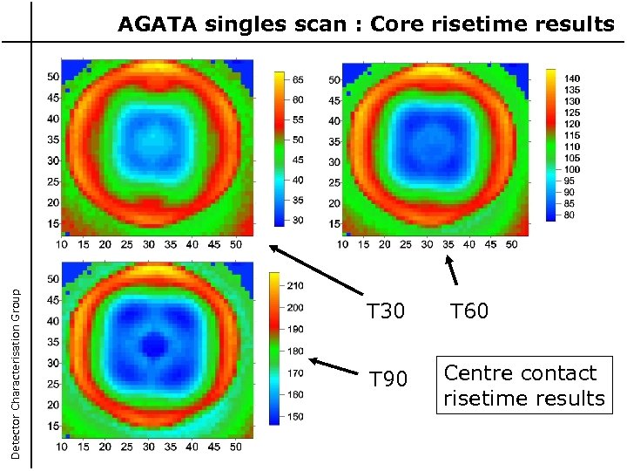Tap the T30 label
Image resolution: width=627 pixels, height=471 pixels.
385,311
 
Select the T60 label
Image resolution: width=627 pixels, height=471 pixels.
469,311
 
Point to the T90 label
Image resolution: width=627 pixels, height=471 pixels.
388,379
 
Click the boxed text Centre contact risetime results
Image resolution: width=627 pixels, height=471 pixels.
523,386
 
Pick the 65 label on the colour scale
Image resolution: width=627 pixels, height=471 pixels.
298,79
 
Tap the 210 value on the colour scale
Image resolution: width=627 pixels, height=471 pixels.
296,285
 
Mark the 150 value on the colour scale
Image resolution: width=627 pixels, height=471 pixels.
296,418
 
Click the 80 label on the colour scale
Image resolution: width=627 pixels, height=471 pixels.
570,215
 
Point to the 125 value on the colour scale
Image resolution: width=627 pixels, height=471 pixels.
572,113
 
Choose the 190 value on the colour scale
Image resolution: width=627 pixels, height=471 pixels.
296,329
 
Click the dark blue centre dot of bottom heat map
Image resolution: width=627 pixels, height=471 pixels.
155,346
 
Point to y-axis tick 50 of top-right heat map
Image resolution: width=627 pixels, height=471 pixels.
334,80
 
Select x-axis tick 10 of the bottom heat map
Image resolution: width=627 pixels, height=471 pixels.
62,447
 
